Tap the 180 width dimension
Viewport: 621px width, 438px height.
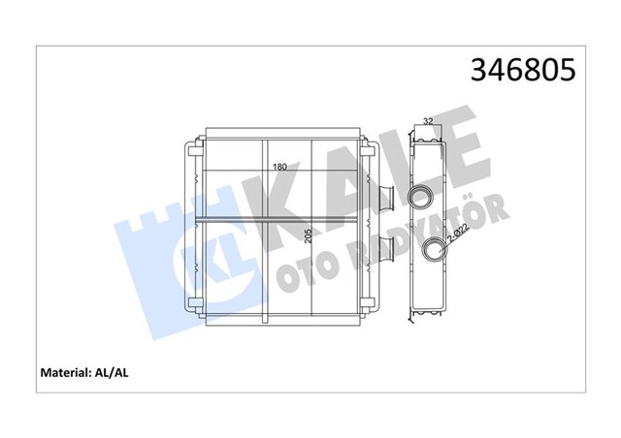point(279,168)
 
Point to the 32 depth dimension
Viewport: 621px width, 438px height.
point(428,121)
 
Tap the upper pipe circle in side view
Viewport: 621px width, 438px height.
point(422,197)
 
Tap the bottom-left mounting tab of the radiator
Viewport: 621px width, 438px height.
point(190,308)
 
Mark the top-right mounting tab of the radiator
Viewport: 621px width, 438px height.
point(369,148)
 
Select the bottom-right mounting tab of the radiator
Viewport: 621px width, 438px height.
point(369,308)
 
